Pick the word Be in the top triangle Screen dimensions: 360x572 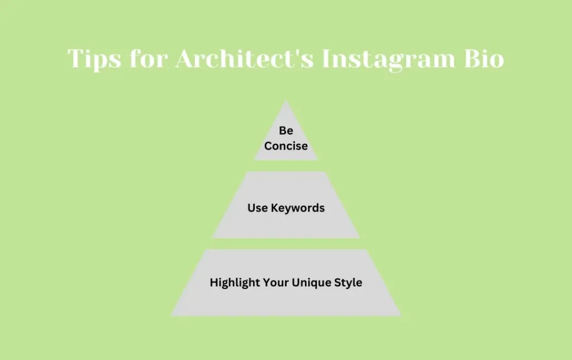[286, 131]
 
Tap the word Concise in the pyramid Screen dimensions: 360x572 [286, 146]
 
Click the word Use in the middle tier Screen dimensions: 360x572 [258, 208]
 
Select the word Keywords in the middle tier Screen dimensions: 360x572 [298, 208]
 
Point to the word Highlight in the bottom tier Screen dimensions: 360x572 [232, 283]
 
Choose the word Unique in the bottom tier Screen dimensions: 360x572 [308, 283]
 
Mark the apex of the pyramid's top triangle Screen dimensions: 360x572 [286, 101]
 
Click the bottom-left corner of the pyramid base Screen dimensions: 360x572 [171, 315]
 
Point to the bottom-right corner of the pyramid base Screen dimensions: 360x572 [400, 315]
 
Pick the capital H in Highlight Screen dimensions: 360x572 [213, 283]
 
